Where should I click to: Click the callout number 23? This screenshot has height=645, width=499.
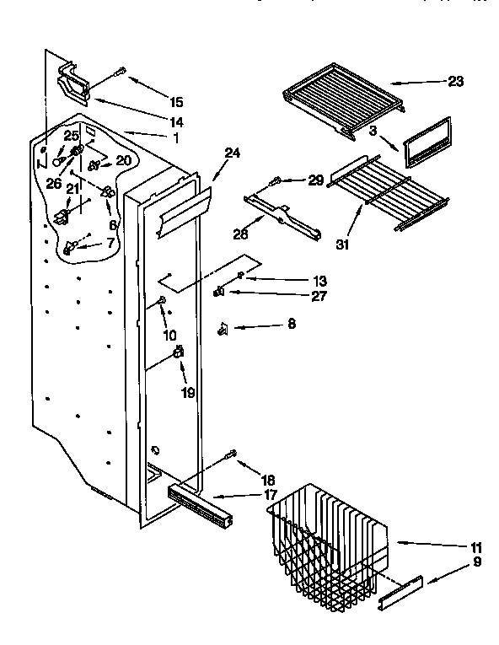(455, 82)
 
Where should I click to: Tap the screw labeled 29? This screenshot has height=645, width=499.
(275, 180)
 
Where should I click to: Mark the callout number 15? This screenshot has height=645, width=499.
(175, 102)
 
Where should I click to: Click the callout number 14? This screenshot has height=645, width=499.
(175, 121)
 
